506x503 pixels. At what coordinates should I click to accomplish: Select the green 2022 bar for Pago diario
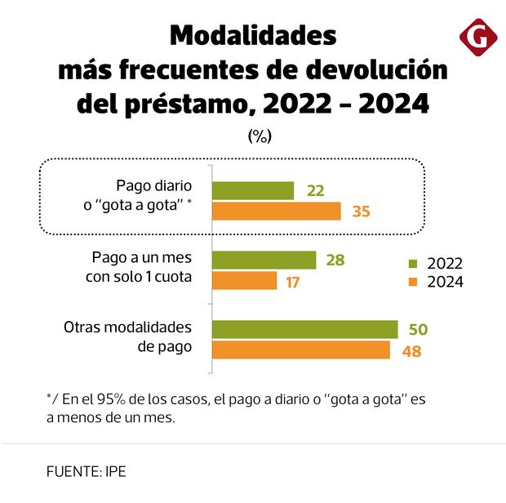253,190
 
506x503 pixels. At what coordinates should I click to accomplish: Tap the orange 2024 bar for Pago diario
277,211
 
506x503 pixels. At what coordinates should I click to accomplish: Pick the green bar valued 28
264,260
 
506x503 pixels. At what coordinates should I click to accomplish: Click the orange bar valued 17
245,281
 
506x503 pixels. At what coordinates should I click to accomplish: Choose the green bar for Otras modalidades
304,329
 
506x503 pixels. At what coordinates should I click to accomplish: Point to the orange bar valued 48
300,350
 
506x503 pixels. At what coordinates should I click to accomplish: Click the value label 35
362,211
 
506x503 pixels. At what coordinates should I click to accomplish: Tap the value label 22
315,191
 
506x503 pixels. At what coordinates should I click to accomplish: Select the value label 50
419,329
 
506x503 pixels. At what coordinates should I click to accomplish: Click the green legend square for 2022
413,264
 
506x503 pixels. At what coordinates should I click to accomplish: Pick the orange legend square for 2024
413,283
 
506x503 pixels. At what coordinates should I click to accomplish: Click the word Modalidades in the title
253,36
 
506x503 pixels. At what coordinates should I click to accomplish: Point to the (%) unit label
259,136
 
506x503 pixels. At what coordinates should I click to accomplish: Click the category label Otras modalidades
128,327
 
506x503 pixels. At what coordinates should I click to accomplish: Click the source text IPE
113,471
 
